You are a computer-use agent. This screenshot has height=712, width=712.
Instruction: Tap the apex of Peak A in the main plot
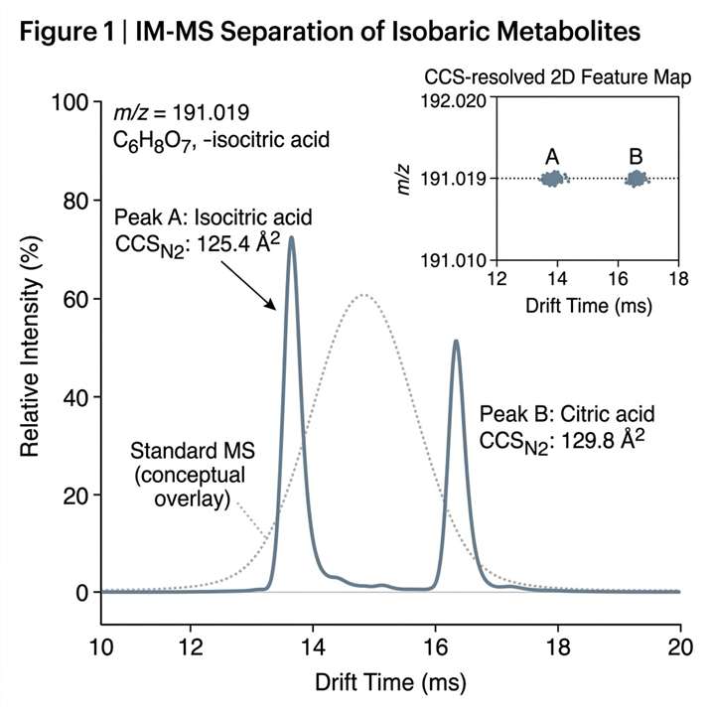click(x=291, y=237)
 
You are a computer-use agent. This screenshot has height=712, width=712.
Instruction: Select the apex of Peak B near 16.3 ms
click(x=456, y=342)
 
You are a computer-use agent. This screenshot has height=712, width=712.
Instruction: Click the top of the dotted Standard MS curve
click(x=364, y=295)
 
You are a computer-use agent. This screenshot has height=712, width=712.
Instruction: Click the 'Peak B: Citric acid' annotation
click(x=567, y=413)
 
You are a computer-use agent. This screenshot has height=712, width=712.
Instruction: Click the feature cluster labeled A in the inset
click(x=552, y=179)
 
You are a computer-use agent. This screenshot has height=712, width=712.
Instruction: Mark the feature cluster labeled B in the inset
click(x=636, y=179)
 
